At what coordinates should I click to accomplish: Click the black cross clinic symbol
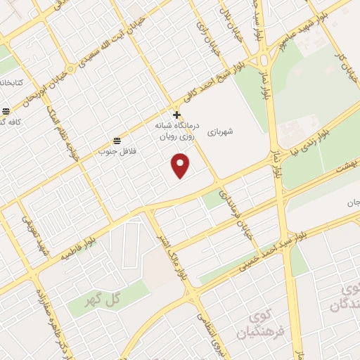coord(176,115)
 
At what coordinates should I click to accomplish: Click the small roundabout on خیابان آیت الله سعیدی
coord(70,70)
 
